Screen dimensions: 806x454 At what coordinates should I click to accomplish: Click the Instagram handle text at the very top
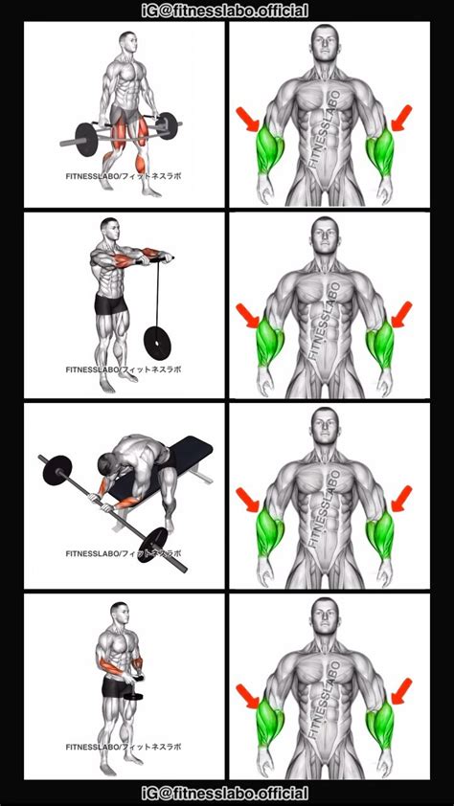pos(227,11)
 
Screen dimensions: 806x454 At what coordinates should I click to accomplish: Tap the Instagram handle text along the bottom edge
pos(227,795)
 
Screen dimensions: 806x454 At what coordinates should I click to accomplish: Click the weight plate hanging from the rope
pos(153,339)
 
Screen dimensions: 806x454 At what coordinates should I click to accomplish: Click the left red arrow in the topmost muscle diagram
pos(247,121)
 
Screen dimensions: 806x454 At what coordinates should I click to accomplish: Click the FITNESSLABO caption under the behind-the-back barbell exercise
pos(123,177)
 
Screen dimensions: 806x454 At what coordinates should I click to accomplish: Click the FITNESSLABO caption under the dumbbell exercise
pos(123,747)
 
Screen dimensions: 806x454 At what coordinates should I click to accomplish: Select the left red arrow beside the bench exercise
pos(247,500)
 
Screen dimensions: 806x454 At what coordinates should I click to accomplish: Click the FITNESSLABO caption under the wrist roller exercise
pos(123,368)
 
